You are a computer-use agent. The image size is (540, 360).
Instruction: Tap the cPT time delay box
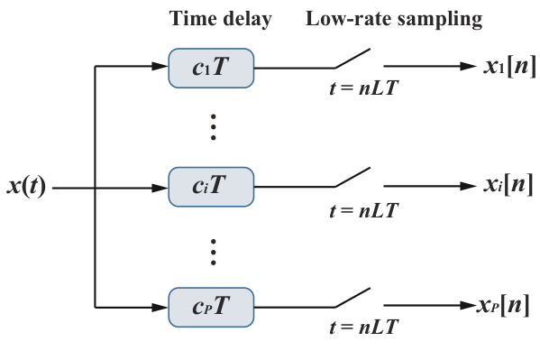pyautogui.click(x=212, y=306)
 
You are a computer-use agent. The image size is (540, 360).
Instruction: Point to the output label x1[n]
pyautogui.click(x=507, y=67)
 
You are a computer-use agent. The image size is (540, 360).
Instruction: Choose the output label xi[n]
pyautogui.click(x=507, y=186)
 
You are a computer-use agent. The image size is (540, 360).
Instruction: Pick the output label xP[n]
pyautogui.click(x=505, y=306)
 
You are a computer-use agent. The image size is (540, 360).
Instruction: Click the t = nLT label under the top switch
pyautogui.click(x=363, y=89)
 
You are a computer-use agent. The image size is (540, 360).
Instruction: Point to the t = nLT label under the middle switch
pyautogui.click(x=363, y=210)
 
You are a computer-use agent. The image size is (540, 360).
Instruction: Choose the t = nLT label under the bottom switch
pyautogui.click(x=363, y=329)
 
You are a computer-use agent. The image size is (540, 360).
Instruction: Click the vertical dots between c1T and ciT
pyautogui.click(x=214, y=126)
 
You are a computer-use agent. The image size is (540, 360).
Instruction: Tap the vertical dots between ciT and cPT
pyautogui.click(x=214, y=248)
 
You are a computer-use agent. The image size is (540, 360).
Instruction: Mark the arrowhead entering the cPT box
pyautogui.click(x=160, y=306)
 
